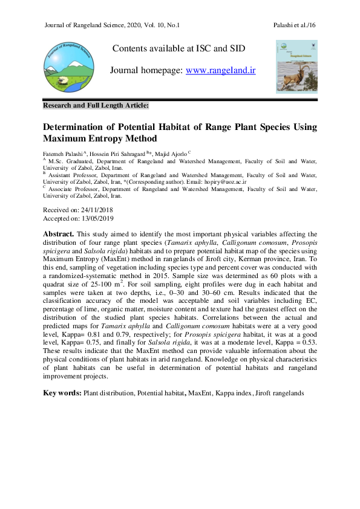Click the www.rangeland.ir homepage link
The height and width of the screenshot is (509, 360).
click(x=220, y=71)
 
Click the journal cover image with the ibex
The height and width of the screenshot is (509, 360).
click(x=296, y=66)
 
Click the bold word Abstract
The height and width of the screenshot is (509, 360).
click(x=58, y=233)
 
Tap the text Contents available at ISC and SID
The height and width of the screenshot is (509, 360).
click(x=178, y=48)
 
